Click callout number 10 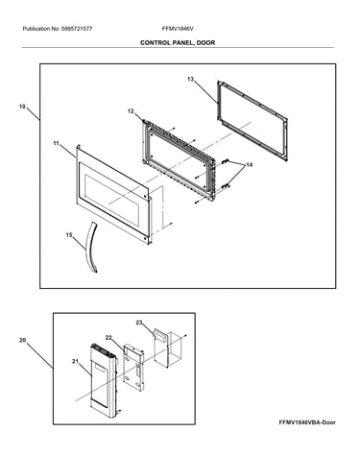(22, 107)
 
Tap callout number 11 (57, 143)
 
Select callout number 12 (131, 111)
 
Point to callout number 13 (190, 79)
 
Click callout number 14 (249, 164)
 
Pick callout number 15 (69, 235)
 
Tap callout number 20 (22, 340)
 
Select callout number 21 (75, 361)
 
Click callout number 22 (108, 337)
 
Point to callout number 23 (139, 323)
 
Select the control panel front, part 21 (103, 381)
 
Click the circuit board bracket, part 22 (133, 368)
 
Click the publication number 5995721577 (76, 29)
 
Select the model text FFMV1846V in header (178, 29)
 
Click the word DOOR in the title (205, 42)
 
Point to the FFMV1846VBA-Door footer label (307, 422)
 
